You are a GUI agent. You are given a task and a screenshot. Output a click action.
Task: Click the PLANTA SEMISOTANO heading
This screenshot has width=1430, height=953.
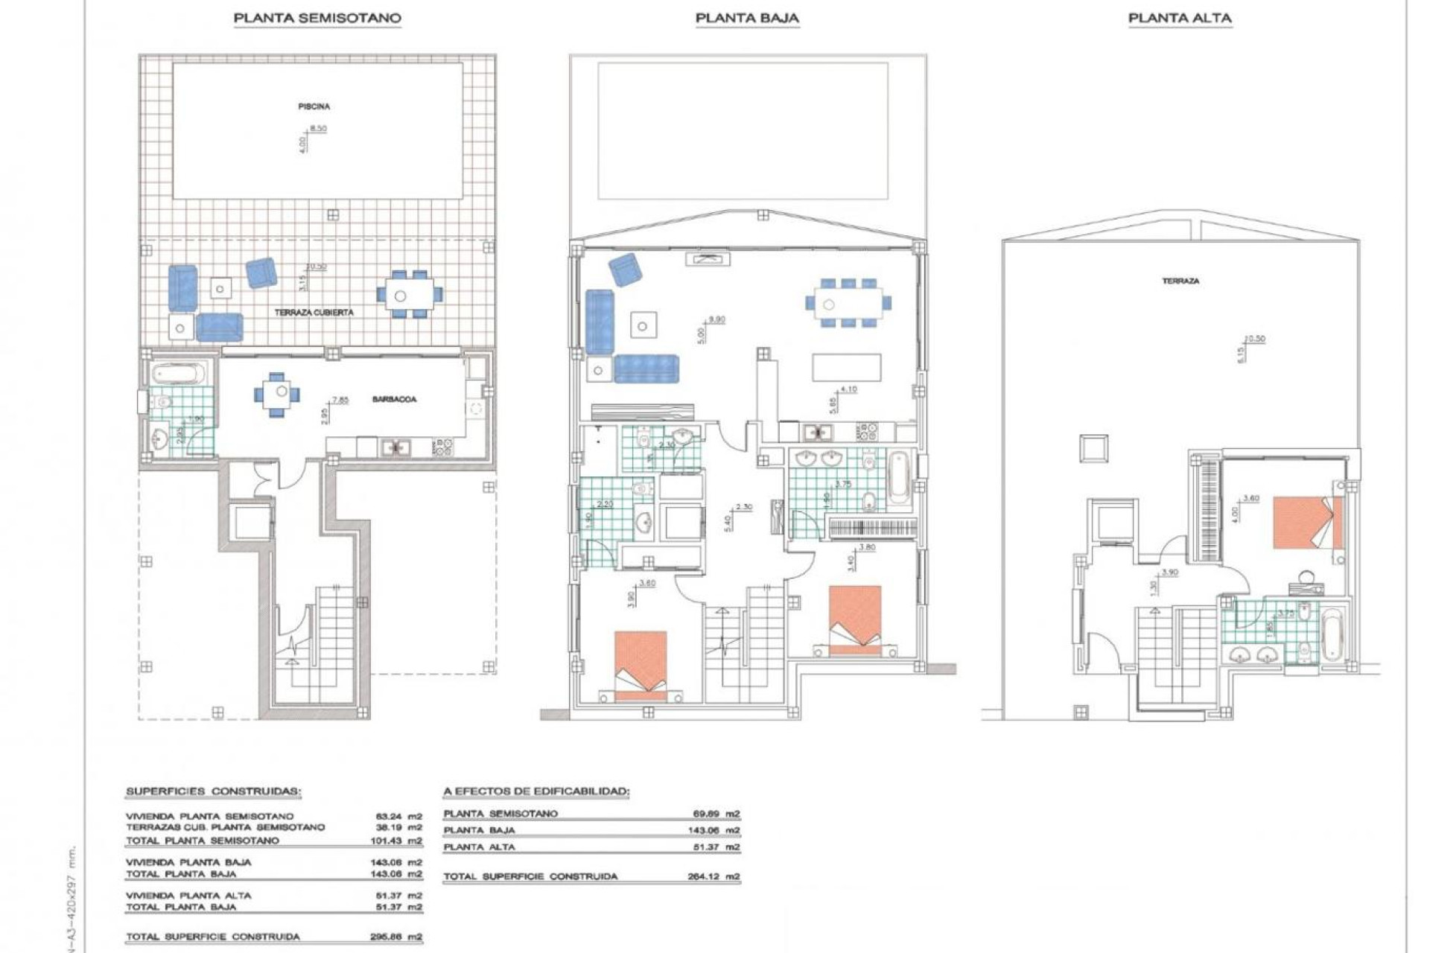click(317, 18)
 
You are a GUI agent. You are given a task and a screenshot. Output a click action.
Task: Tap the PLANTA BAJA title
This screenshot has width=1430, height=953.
click(747, 18)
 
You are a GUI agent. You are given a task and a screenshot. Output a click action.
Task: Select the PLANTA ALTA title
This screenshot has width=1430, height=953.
click(1180, 18)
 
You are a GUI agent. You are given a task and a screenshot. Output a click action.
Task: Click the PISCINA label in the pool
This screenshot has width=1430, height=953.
click(314, 106)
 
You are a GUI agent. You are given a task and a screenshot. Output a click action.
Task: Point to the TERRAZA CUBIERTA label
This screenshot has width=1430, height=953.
click(314, 313)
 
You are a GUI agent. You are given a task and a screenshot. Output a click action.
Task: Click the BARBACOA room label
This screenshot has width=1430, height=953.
click(394, 400)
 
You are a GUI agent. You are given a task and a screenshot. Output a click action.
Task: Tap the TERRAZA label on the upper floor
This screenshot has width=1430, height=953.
click(1180, 281)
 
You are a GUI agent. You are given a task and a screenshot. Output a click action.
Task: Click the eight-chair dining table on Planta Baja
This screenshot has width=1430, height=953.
click(848, 303)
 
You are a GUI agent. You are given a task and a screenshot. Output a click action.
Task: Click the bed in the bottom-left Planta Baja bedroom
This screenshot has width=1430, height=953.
click(641, 664)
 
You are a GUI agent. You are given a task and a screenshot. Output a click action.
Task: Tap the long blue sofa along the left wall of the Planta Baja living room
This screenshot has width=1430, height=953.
click(600, 322)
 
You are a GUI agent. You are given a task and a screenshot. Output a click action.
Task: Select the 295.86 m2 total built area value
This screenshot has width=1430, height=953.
click(395, 937)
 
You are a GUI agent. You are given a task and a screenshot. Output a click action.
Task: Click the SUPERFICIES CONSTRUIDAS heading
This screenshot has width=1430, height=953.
click(213, 791)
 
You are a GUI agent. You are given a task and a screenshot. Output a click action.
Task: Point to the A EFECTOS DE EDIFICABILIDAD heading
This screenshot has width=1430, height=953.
click(536, 791)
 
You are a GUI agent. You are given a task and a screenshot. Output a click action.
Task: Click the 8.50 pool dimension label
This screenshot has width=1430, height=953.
click(318, 129)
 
